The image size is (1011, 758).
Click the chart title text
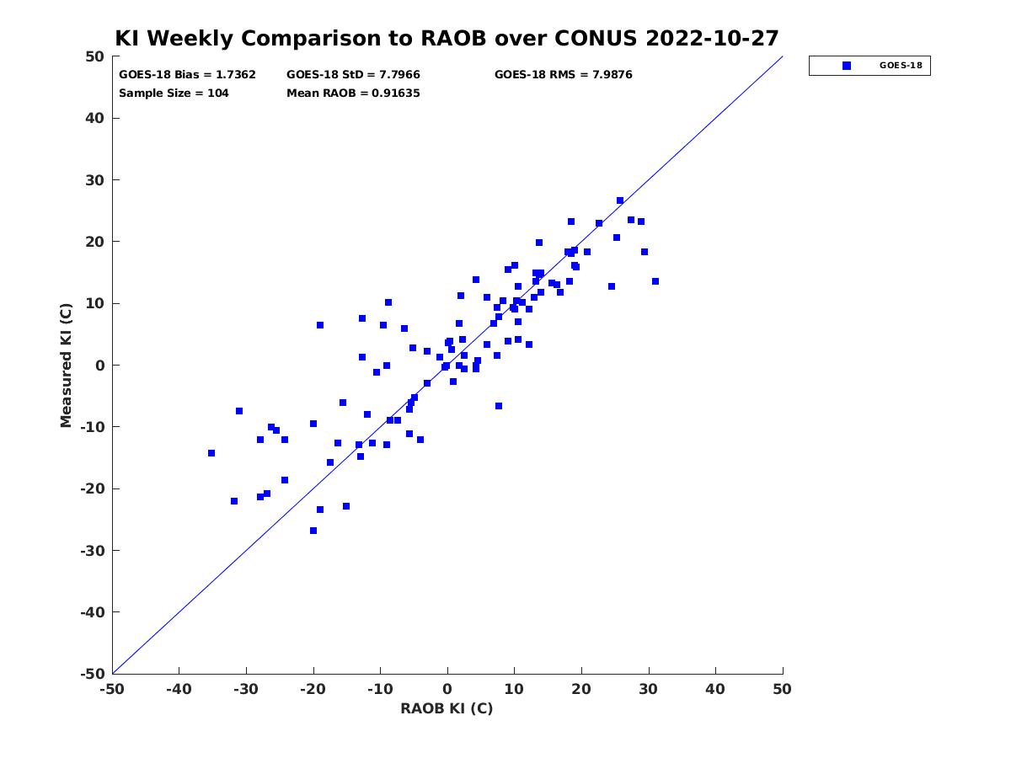[447, 38]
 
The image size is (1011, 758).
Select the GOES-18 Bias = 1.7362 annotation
[187, 75]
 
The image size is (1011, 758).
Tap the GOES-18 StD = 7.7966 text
[353, 75]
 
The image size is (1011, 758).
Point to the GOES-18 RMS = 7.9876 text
[563, 75]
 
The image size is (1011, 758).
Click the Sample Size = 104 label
[174, 93]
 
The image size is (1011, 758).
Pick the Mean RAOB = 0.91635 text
[353, 93]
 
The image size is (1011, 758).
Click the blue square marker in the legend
[846, 66]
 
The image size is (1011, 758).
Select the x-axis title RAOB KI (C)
[447, 708]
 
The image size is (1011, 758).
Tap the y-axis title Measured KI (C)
[66, 365]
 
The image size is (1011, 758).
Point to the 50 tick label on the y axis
[95, 56]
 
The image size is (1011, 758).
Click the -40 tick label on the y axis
[93, 612]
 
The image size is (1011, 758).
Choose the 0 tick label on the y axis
[100, 366]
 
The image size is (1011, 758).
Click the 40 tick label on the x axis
[715, 689]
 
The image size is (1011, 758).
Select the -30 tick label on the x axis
[245, 689]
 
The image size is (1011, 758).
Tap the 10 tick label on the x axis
[514, 689]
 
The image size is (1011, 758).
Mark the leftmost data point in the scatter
[211, 453]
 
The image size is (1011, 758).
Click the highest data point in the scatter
[620, 200]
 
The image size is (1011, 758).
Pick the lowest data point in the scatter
[313, 531]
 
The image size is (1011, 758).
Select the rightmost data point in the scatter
[655, 281]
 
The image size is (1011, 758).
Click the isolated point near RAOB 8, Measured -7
[499, 406]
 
